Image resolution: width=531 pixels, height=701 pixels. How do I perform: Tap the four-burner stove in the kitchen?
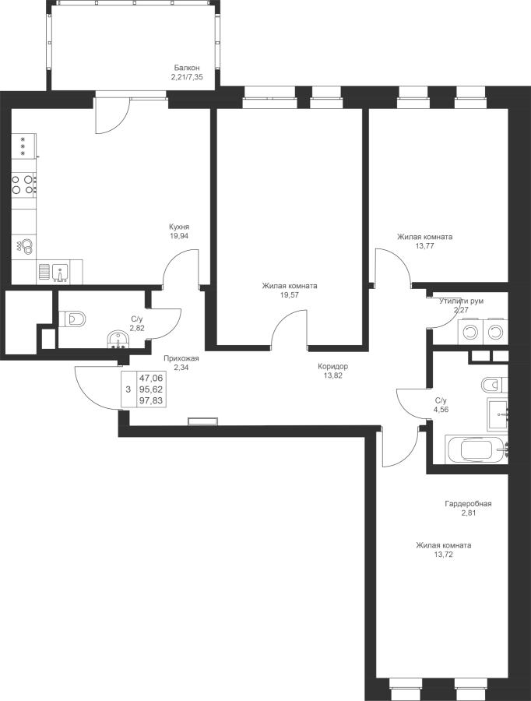point(24,185)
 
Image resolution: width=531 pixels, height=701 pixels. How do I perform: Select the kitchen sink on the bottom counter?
point(61,272)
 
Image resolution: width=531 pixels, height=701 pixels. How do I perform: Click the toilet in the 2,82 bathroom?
point(76,318)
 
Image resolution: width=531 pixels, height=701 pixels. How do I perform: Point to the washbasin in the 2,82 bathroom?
point(117,340)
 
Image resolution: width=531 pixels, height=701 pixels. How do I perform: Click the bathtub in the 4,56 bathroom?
point(476,449)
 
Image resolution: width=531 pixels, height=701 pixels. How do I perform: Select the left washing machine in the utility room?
point(469,333)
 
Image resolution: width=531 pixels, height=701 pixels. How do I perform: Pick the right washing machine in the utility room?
point(494,333)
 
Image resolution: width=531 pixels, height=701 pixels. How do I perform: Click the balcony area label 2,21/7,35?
point(186,77)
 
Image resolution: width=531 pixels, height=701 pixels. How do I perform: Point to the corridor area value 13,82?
point(332,375)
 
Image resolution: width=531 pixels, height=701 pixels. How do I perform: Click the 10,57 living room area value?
point(289,295)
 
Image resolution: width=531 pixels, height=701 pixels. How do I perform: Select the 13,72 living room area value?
point(443,555)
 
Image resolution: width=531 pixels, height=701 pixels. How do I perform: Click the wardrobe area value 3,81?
point(468,513)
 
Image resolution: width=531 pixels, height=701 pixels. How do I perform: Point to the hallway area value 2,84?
point(181,368)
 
